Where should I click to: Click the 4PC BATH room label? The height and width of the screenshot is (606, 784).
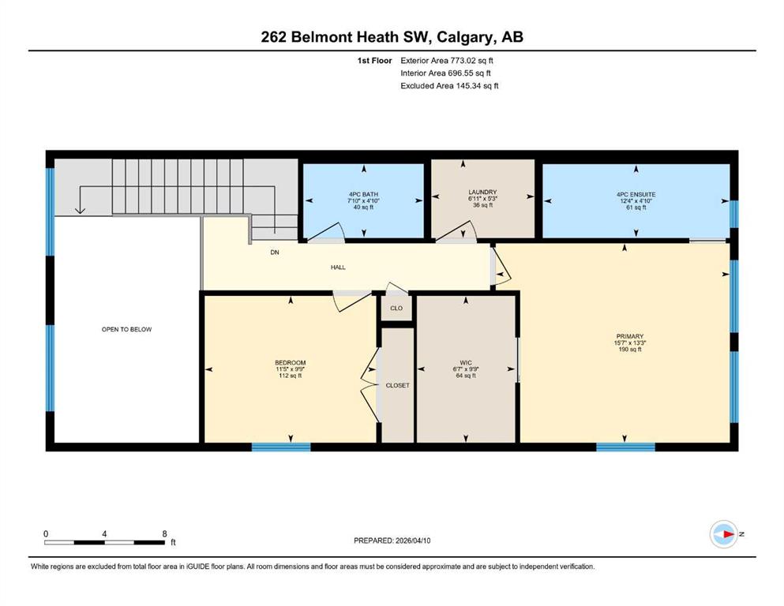point(363,194)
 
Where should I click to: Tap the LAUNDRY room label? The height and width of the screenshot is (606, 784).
point(482,192)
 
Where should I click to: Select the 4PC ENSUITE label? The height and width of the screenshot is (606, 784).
point(636,194)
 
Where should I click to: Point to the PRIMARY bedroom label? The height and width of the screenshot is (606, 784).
point(629,336)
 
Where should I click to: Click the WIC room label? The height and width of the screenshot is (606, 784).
point(466,363)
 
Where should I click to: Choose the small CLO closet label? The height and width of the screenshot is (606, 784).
point(396,309)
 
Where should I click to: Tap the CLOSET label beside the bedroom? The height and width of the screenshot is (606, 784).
point(397,385)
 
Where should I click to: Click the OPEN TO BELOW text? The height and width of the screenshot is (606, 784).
point(126,329)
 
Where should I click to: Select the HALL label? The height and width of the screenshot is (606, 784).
point(338,267)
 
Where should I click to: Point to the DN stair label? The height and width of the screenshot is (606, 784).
point(275,252)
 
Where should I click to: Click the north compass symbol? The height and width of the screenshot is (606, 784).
point(723,534)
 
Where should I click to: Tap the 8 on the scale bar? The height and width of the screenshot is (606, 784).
point(164,533)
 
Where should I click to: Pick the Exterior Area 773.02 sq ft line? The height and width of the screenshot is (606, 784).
point(447,61)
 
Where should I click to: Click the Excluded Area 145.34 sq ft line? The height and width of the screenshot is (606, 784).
point(449,85)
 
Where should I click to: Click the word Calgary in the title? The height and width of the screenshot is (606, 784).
point(463,37)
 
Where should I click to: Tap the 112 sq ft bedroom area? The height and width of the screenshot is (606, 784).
point(290,376)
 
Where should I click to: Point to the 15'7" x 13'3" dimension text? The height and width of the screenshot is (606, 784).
point(629,343)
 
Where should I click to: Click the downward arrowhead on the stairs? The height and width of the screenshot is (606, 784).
point(80,210)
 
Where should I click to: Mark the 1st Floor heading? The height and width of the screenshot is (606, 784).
point(374,61)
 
